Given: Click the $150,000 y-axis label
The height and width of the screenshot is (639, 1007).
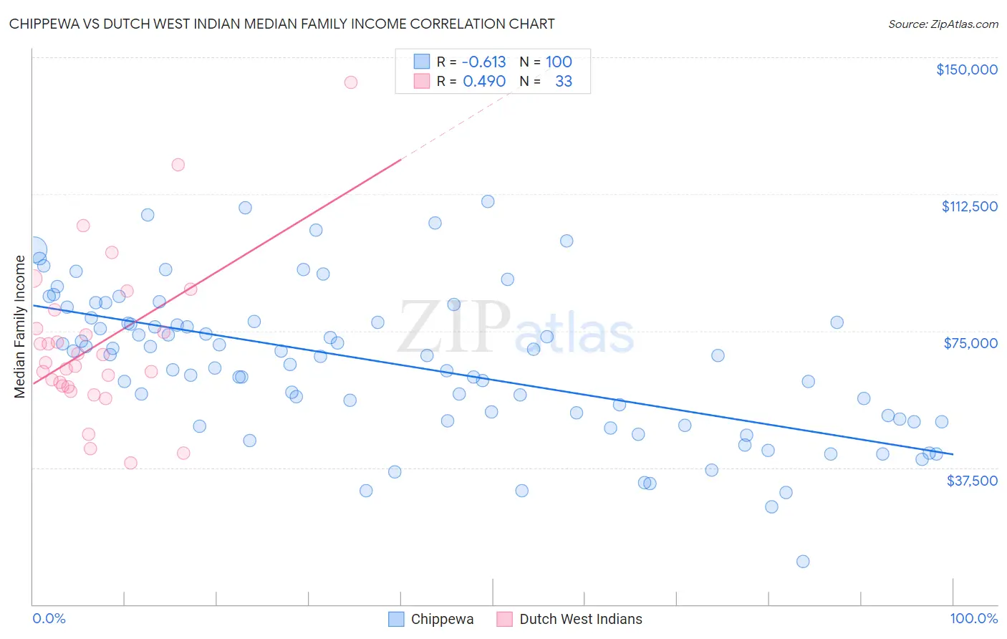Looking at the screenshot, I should coord(966,69).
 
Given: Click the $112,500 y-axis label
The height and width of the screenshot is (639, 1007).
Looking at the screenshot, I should coord(969,206).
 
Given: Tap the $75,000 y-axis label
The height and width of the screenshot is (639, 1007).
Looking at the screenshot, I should coord(970,343).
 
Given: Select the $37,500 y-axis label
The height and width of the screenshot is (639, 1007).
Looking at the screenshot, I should coord(972,481).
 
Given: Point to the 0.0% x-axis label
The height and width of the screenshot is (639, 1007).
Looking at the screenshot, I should coord(49,618).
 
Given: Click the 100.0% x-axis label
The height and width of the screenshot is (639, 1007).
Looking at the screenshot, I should coord(973,618).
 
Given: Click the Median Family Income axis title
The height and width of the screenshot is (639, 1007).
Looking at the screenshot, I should coord(20,326).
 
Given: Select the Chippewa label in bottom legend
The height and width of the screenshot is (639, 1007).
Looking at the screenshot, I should coord(442,619).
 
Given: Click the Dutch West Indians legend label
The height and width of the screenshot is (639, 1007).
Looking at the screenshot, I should coord(581,619).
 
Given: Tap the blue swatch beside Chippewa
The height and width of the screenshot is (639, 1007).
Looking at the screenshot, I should coord(396,619).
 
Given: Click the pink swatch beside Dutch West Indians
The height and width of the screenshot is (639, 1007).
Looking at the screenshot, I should coord(504,619).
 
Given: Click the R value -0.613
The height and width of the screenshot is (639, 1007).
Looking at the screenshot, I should coord(483,62).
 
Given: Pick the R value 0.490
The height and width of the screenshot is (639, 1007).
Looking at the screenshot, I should coord(484,82).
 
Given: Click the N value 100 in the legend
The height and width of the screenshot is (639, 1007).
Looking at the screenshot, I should coord(559,62).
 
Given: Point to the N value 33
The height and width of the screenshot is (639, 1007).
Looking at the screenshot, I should coord(564,82).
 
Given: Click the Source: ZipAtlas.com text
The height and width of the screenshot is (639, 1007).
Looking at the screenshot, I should coord(943,24).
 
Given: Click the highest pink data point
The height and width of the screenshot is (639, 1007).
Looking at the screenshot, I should coord(350,82).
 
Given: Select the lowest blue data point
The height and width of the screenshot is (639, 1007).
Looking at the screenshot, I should coord(803,562).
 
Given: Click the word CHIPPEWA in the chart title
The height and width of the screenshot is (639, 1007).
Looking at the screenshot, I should coord(44,24).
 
